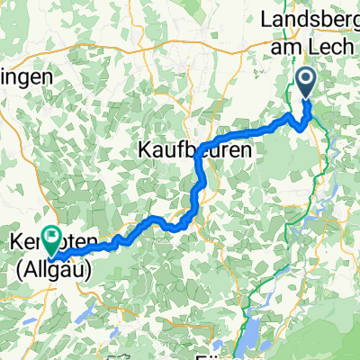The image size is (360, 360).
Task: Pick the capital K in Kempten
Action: [x=18, y=244]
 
